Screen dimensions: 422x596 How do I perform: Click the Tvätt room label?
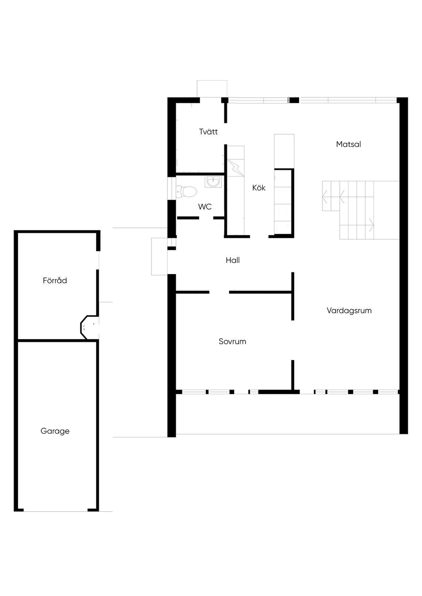point(209,132)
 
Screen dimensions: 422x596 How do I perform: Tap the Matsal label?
point(349,144)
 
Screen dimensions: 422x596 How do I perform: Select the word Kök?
point(259,188)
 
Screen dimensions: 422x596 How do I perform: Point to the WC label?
point(205,207)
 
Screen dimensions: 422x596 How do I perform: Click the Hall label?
point(232,260)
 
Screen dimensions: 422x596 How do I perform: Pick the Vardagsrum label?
point(349,310)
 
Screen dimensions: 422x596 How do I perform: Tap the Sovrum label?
point(232,341)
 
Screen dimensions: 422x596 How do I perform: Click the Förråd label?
point(55,280)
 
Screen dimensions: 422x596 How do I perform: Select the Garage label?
point(55,431)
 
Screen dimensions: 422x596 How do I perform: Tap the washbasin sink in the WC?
point(213,182)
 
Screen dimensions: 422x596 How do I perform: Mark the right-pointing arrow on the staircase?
point(371,225)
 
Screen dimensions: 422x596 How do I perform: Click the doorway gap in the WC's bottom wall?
point(206,218)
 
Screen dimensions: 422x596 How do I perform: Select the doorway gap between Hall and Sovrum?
point(219,292)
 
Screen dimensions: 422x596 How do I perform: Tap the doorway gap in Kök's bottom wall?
point(259,236)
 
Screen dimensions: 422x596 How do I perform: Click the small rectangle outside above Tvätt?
point(212,88)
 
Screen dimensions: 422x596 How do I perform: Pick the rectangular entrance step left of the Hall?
point(159,256)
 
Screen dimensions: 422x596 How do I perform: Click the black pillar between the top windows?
point(294,100)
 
